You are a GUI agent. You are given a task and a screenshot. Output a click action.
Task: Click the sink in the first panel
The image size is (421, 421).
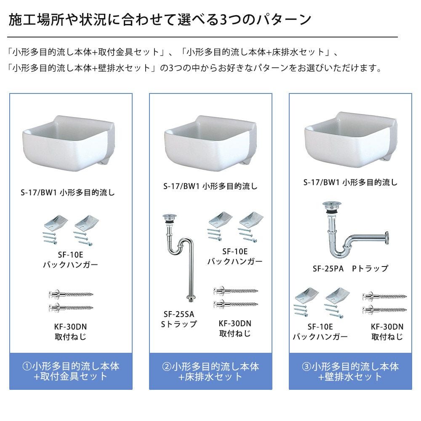[x=69, y=144]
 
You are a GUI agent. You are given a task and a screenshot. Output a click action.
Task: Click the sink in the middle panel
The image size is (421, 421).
[x=210, y=144]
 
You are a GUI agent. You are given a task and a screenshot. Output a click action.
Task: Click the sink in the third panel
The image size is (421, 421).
[x=351, y=140]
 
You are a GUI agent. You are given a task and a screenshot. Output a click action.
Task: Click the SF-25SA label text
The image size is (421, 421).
[x=179, y=314]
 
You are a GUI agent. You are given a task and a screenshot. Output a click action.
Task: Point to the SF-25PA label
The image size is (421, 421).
[x=328, y=269]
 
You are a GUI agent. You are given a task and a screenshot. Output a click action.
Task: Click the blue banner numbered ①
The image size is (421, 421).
[x=71, y=371]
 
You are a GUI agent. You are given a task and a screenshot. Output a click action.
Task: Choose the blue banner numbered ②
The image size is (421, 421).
[x=210, y=371]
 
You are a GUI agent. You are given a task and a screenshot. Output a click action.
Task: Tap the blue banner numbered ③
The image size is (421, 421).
[x=350, y=371]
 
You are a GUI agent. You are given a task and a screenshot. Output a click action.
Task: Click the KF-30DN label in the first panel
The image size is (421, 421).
[x=70, y=327]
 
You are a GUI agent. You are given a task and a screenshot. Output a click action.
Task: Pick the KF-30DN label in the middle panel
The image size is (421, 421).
[x=235, y=323]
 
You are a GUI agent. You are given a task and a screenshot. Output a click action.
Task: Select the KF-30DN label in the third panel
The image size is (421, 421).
[x=387, y=327]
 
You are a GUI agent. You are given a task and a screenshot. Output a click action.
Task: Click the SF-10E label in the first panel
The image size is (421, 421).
[x=70, y=255]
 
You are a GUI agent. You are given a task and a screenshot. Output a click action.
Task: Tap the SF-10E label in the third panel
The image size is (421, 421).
[x=320, y=327]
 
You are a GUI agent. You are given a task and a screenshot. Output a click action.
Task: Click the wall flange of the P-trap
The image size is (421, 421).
[x=386, y=238]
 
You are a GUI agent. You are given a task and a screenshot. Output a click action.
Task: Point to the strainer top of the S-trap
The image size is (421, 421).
[x=170, y=216]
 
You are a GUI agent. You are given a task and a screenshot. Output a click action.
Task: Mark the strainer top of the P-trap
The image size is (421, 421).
[x=332, y=205]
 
